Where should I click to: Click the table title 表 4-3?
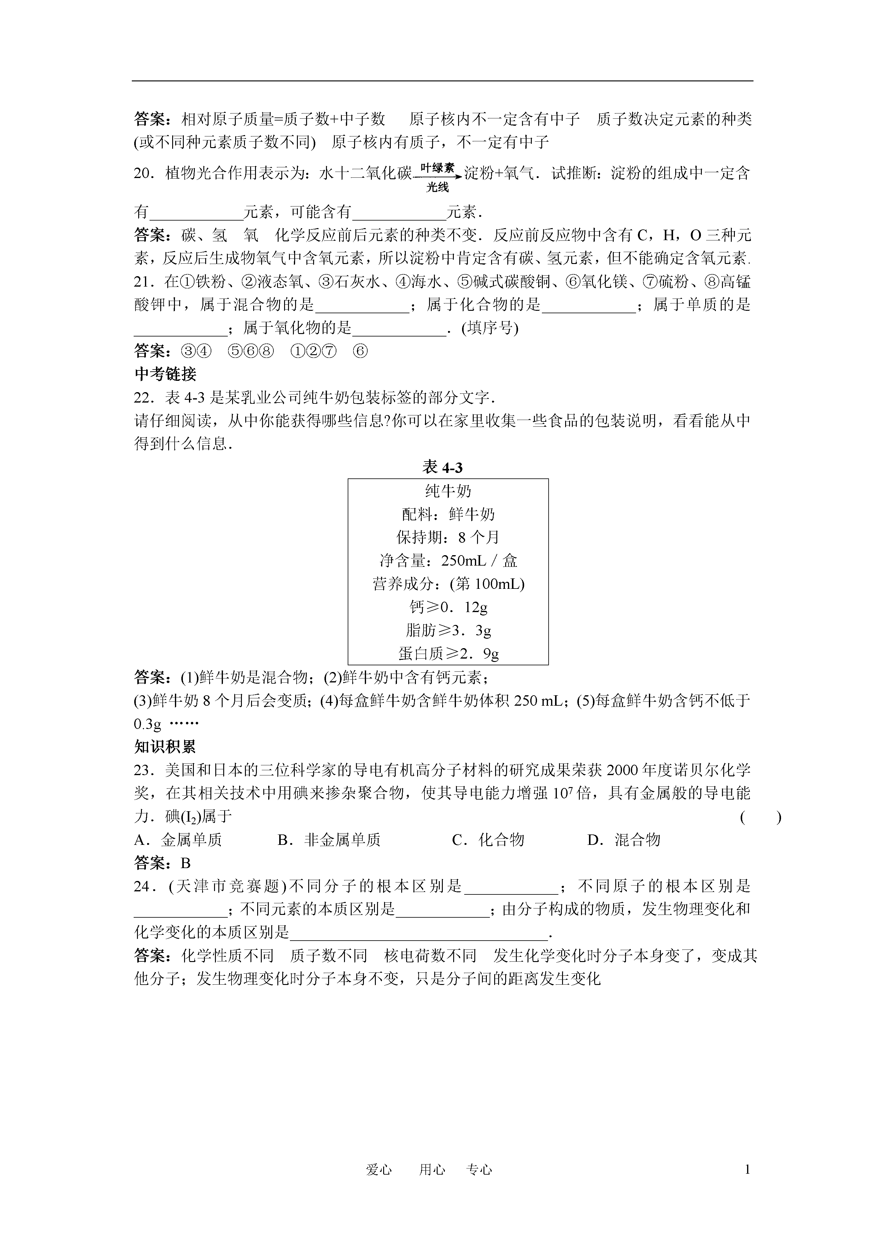(x=442, y=467)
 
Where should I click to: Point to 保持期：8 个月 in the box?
(x=448, y=538)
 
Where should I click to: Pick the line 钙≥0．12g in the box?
(x=448, y=607)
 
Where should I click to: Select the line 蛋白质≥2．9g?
(x=448, y=653)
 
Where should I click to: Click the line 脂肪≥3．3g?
(x=448, y=630)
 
